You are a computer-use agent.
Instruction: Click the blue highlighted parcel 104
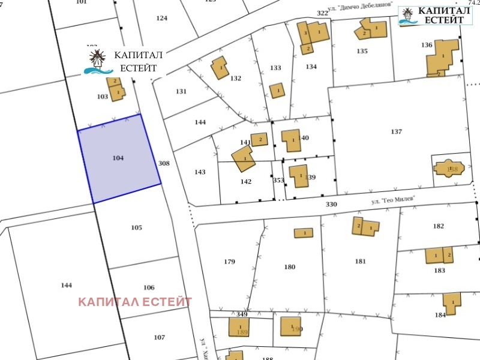point(119,158)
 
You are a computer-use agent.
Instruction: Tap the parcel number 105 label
point(136,227)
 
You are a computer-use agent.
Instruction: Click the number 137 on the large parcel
point(396,131)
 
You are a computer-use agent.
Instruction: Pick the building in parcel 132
point(220,68)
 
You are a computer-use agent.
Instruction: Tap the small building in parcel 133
point(277,91)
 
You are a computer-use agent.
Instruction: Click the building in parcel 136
point(443,58)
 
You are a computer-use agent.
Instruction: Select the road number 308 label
point(164,163)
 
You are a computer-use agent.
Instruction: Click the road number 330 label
point(331,205)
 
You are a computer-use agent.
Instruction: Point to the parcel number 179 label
point(229,262)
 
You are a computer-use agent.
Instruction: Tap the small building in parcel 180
point(304,233)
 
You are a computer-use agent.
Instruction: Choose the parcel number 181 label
point(360,261)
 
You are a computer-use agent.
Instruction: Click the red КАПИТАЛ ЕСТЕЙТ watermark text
point(135,302)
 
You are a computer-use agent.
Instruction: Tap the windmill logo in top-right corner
point(407,15)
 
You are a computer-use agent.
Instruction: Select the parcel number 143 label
point(200,172)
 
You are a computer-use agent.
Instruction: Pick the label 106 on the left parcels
point(149,287)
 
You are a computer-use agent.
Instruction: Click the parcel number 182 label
point(439,226)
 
